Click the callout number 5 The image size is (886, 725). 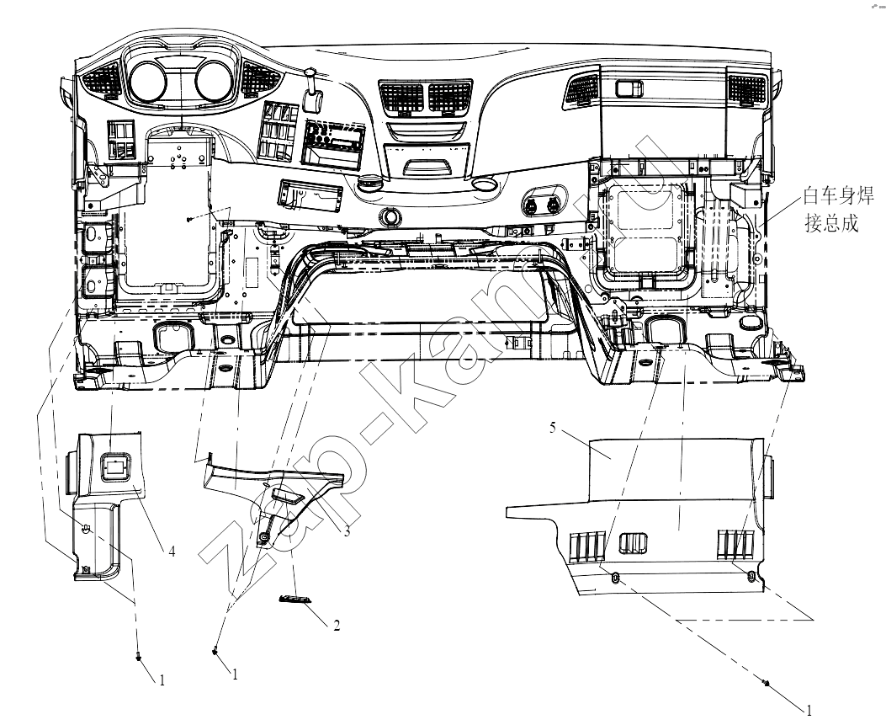coord(553,428)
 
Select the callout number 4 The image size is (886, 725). coord(172,550)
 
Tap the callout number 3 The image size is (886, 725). coord(347,531)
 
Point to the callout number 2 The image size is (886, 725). coord(337,626)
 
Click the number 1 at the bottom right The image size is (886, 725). coord(809,710)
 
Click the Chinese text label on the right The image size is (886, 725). coord(839,210)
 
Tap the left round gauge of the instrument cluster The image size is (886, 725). coord(147,80)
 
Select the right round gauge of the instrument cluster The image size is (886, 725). coord(215,80)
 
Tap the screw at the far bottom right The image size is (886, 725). coord(766,683)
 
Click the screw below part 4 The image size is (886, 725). coord(139,656)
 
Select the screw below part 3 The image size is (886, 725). coord(215,652)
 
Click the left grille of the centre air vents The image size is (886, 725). coord(401,97)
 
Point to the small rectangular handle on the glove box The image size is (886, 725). coord(629,88)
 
